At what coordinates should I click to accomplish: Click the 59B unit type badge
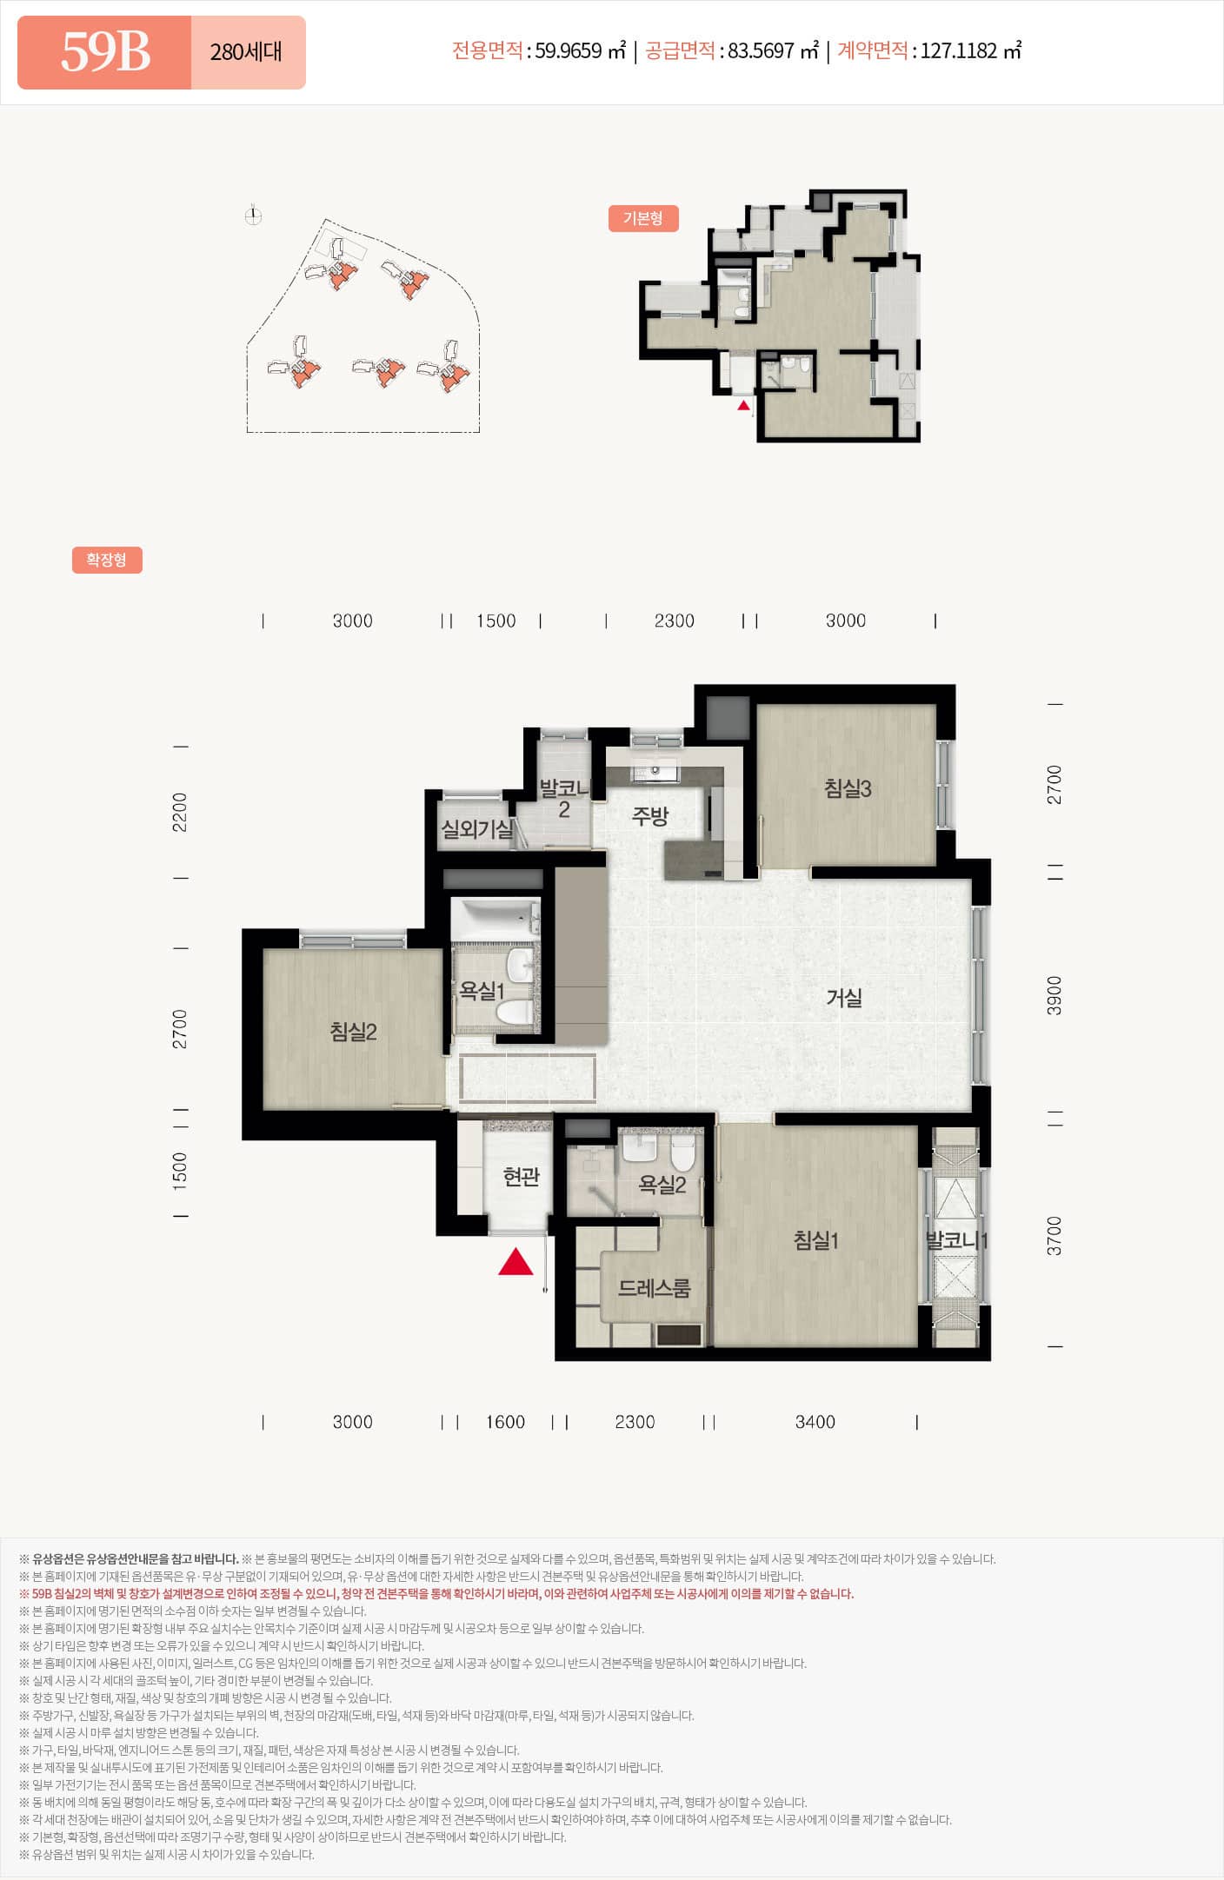(104, 52)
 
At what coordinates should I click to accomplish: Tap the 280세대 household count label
(247, 52)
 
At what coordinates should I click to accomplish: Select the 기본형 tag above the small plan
(643, 218)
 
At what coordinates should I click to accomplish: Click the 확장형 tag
(107, 560)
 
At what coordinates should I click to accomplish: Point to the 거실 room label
(844, 997)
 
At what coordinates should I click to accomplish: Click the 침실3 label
(848, 788)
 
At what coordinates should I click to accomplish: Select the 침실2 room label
(353, 1032)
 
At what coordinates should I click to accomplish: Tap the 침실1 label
(816, 1240)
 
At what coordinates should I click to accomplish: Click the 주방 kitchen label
(650, 816)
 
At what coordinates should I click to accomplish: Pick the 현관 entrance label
(522, 1176)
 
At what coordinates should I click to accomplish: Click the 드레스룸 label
(654, 1288)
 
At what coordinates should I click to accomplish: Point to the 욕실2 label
(662, 1184)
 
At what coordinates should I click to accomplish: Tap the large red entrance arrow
(516, 1262)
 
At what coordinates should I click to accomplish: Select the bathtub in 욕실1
(493, 919)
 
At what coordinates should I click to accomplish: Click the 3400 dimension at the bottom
(815, 1422)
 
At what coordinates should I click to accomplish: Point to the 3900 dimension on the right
(1054, 996)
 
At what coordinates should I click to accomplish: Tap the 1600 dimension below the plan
(505, 1422)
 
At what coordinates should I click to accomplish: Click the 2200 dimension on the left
(179, 812)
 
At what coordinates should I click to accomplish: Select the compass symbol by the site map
(254, 216)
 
